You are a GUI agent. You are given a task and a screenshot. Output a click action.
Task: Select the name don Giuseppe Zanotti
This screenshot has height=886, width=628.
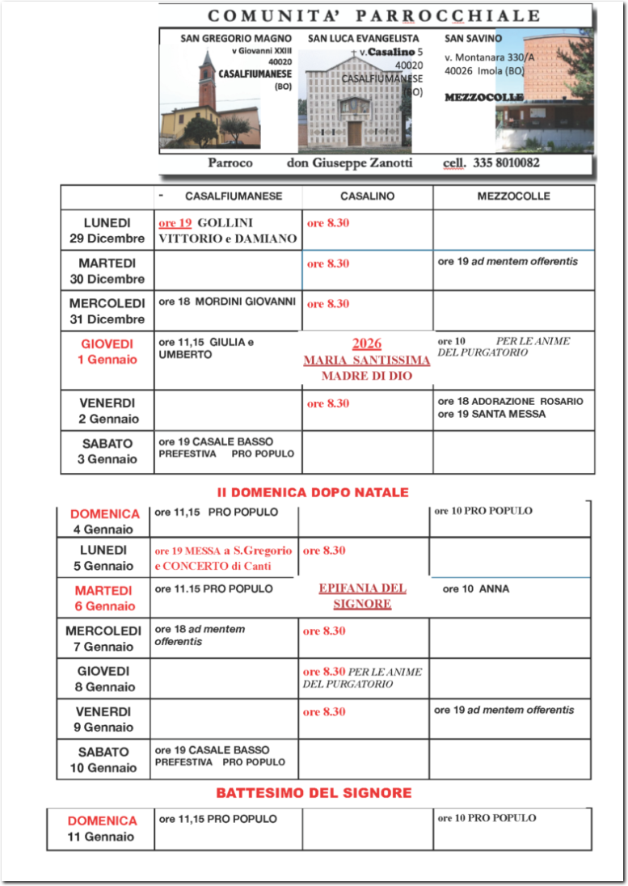tap(349, 162)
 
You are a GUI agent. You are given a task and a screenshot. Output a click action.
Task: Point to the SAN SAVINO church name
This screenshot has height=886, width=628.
tap(473, 38)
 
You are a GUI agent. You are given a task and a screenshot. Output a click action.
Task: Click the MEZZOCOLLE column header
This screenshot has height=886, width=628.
tap(513, 196)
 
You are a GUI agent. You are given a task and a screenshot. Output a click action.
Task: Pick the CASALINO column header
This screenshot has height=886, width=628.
tap(367, 196)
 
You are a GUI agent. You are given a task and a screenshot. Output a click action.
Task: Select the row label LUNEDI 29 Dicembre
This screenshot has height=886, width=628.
tap(107, 230)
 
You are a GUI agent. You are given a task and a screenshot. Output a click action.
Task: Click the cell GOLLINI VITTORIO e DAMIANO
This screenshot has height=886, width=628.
tap(228, 230)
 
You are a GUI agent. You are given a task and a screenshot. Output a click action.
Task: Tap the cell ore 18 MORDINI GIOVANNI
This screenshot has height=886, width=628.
tap(227, 302)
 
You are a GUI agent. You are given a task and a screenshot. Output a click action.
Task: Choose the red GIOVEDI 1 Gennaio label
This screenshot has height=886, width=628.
tap(107, 352)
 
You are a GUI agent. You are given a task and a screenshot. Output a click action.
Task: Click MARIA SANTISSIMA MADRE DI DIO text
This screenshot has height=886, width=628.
tap(367, 361)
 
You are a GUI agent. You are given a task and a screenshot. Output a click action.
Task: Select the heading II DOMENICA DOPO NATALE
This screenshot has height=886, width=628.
tap(313, 492)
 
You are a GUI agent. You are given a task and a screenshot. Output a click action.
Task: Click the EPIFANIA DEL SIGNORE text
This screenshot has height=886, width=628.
tap(362, 596)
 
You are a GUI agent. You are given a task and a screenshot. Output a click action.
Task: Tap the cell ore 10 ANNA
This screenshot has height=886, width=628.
tap(476, 589)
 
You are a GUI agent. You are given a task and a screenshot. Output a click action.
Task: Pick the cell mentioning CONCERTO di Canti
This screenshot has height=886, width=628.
tap(223, 559)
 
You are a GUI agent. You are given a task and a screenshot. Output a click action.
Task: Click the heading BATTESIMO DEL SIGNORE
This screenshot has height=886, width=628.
tap(314, 793)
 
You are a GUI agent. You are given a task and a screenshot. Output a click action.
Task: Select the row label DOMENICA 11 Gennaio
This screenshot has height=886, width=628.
tap(102, 829)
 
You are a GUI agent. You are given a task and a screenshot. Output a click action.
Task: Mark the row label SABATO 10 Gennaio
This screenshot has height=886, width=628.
tap(103, 760)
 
